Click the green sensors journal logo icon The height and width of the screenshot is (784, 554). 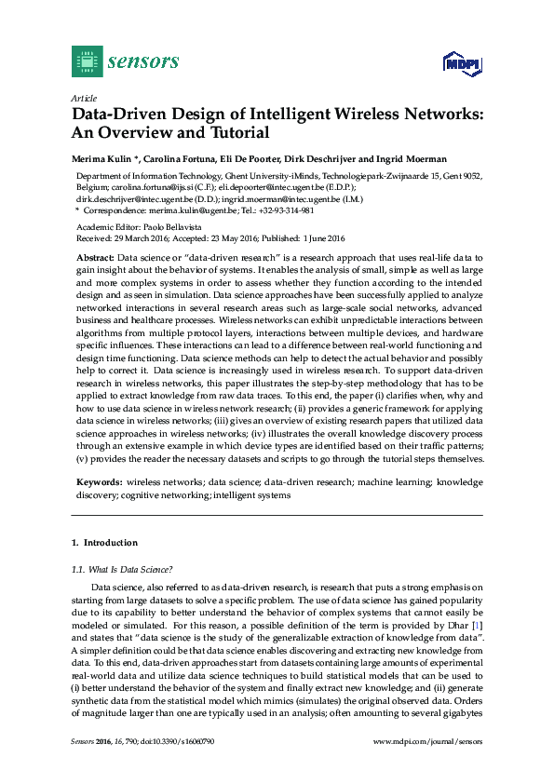[87, 61]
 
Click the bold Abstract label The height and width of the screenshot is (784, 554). [94, 256]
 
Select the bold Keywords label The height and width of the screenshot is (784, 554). [98, 482]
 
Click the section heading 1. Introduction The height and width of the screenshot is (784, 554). [104, 543]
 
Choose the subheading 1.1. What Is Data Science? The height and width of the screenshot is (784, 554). [122, 569]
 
